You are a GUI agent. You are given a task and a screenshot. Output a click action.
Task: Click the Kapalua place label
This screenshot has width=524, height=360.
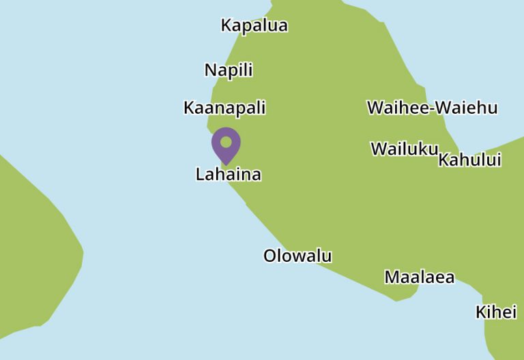(x=254, y=26)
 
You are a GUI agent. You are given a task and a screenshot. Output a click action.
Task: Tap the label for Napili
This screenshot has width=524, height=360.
(x=229, y=70)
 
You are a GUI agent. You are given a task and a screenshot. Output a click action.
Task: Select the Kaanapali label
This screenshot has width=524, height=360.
(x=224, y=108)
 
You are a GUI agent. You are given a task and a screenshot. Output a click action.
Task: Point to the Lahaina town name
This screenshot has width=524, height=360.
(x=228, y=175)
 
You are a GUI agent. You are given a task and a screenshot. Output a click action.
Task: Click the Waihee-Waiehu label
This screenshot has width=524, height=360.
(x=432, y=108)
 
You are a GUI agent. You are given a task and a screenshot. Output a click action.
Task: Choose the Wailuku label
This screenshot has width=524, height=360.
(x=403, y=149)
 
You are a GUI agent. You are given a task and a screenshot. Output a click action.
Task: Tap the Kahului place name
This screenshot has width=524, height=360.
(x=469, y=160)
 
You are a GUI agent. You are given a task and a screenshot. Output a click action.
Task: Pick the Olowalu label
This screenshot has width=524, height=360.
(x=297, y=256)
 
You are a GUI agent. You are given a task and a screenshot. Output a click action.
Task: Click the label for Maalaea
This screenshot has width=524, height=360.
(x=419, y=277)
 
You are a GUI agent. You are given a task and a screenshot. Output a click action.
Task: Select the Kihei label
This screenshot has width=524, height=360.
(x=496, y=312)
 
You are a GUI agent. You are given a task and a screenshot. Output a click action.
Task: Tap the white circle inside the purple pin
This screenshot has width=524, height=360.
(x=226, y=142)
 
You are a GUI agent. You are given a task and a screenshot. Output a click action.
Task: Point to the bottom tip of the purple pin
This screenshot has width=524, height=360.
(x=226, y=164)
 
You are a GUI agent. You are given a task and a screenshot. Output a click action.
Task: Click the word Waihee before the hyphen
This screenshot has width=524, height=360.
(x=398, y=108)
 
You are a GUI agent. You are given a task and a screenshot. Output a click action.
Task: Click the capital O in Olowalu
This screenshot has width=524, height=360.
(x=270, y=256)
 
